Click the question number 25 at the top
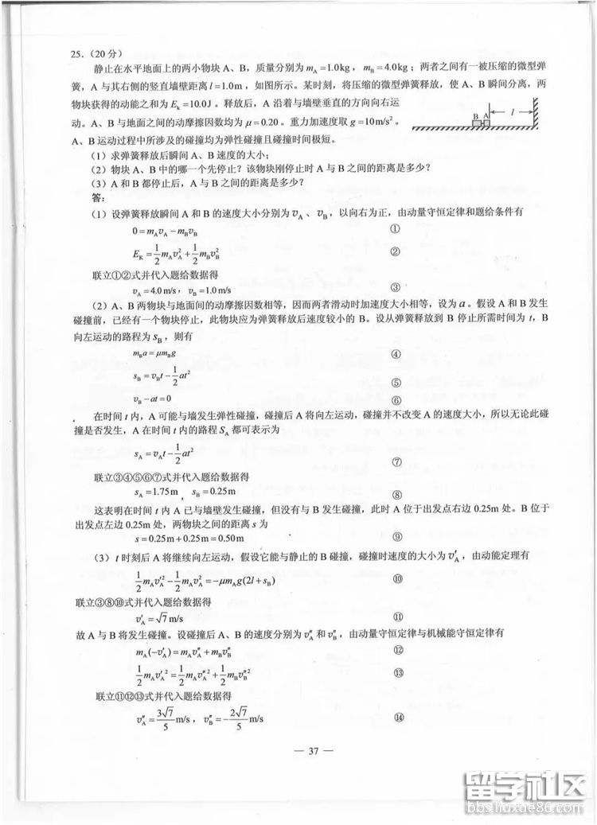click(x=77, y=54)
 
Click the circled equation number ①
click(x=396, y=229)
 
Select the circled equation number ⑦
click(x=396, y=461)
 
